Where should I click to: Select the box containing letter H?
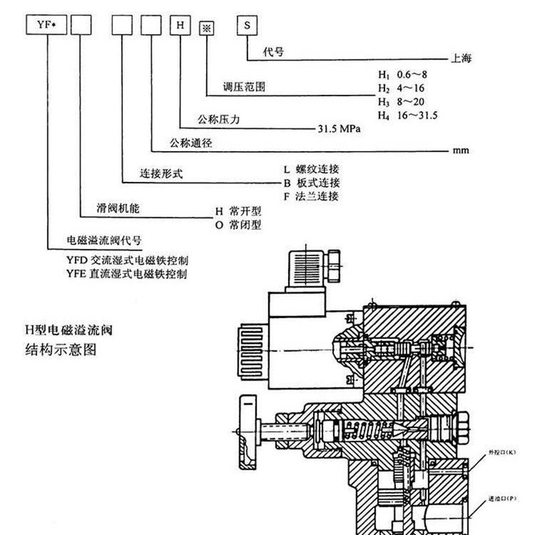[179, 25]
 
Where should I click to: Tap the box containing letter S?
[247, 25]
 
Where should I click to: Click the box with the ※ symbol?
[205, 27]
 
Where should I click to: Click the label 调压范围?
[244, 87]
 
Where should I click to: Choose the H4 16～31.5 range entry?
[407, 116]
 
